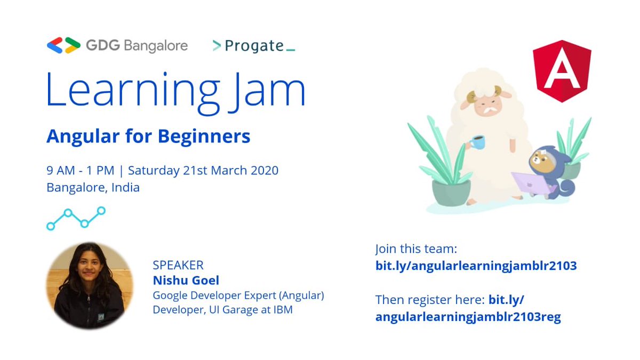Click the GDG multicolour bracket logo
[x=63, y=45]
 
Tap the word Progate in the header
[x=254, y=46]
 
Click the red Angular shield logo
[x=562, y=71]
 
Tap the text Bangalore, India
[x=93, y=188]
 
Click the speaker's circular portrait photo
[x=89, y=285]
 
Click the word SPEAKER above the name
[x=178, y=265]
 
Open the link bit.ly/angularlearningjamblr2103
[x=476, y=266]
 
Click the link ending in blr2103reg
[x=468, y=317]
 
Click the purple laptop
[x=532, y=183]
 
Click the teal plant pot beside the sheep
[x=451, y=192]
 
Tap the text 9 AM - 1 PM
[x=80, y=171]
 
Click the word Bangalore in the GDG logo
[x=155, y=46]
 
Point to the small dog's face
[x=541, y=160]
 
